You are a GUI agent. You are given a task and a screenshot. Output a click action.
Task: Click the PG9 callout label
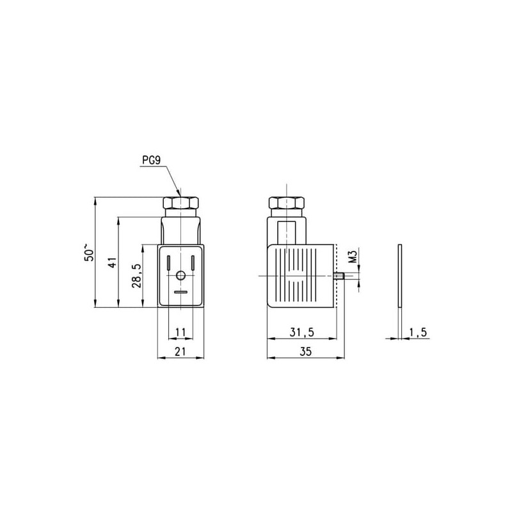151,161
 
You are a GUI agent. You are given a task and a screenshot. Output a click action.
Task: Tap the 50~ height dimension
89,252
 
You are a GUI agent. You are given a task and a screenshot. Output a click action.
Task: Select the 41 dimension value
113,262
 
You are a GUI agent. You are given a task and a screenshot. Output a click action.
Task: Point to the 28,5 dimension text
137,276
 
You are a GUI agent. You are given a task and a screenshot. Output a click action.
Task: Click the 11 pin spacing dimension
180,332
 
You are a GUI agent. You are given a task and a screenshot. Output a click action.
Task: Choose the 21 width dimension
180,351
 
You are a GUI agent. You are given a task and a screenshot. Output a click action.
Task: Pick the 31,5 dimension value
301,332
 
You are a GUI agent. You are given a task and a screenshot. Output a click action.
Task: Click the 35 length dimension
306,351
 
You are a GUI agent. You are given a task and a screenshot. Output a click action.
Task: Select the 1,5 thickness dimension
418,332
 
